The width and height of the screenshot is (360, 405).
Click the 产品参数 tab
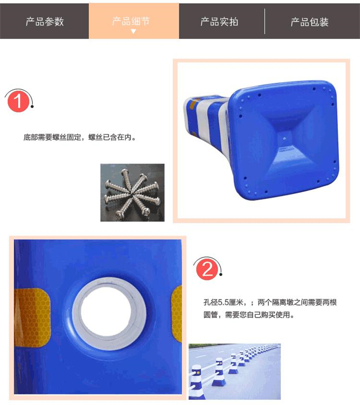[x=45, y=21]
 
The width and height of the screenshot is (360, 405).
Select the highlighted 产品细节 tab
[x=134, y=21]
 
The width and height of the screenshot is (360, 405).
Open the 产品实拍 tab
[x=219, y=21]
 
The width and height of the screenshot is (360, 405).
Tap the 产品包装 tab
[x=309, y=22]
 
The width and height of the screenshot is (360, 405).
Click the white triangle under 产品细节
[x=134, y=31]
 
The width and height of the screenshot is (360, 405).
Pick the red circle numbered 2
[x=207, y=270]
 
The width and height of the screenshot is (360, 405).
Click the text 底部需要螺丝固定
[x=52, y=137]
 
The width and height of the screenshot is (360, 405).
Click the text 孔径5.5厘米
[x=223, y=302]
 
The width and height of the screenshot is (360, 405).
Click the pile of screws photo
[x=132, y=192]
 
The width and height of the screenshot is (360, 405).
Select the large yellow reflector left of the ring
[x=32, y=318]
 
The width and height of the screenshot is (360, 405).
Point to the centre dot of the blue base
[x=284, y=139]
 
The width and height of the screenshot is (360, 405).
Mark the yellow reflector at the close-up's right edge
[x=177, y=314]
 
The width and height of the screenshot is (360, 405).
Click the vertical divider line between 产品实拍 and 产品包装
[x=265, y=21]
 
